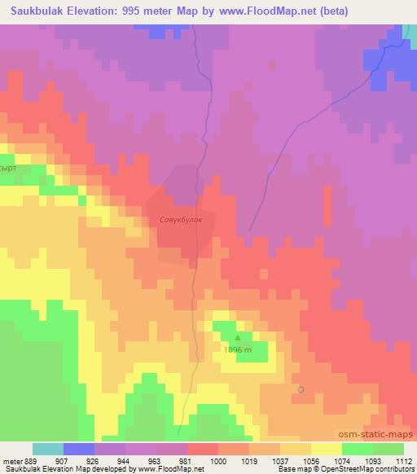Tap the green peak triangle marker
coord(238,337)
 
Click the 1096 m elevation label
coord(239,350)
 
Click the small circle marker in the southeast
coord(301,389)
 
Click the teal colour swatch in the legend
coord(47,449)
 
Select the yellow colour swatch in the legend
coord(326,449)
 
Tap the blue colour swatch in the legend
coord(78,449)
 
